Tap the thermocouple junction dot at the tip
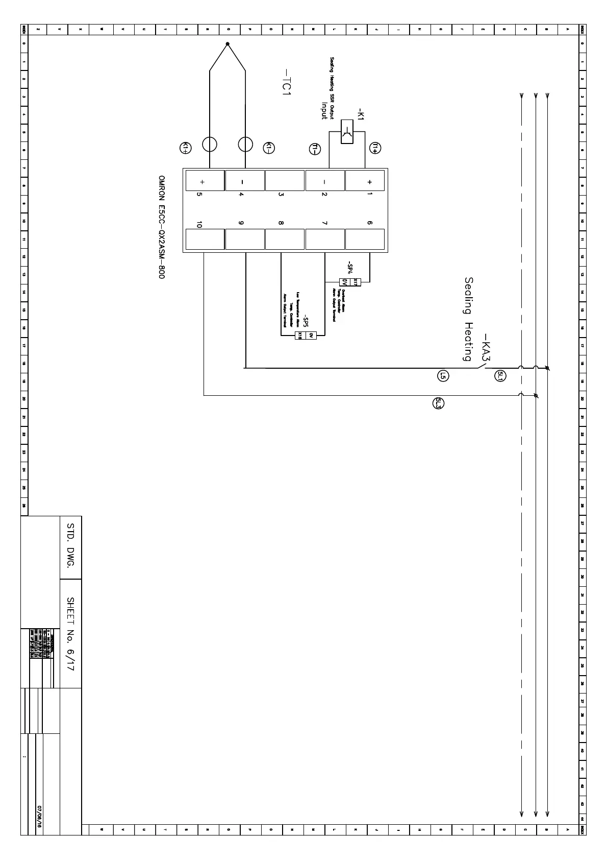(x=227, y=44)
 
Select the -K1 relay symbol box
(x=347, y=132)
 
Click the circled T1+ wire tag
(x=375, y=148)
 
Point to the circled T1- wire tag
(x=315, y=149)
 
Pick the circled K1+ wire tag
(x=186, y=148)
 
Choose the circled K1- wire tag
(x=269, y=148)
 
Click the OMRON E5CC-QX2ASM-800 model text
(x=161, y=227)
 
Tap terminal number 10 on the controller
(x=199, y=225)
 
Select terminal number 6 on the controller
(x=370, y=223)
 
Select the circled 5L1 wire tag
(x=500, y=376)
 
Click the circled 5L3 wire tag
(x=438, y=403)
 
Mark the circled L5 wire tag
(x=443, y=376)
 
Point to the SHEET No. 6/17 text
(x=71, y=634)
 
